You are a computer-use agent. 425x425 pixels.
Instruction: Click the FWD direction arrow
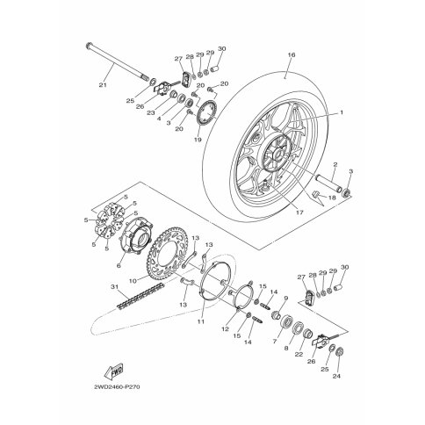pos(113,371)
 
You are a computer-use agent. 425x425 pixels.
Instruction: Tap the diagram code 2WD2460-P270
pos(117,387)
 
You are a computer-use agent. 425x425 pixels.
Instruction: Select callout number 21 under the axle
pos(103,85)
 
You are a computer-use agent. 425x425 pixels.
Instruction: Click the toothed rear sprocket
pos(168,251)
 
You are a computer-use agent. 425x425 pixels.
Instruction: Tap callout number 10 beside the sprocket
pos(133,281)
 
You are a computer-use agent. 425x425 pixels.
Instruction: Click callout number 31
pos(114,286)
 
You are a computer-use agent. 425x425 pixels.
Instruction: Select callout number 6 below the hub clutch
pos(119,266)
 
